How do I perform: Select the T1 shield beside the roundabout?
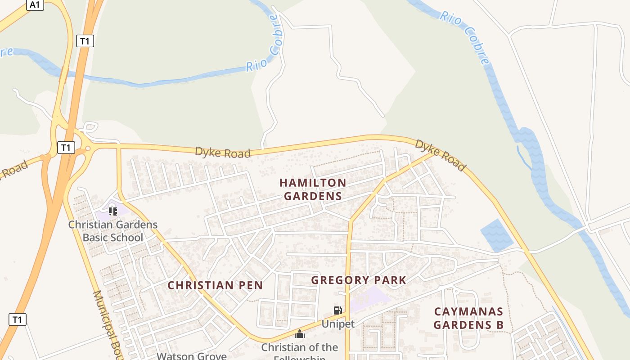(x=66, y=147)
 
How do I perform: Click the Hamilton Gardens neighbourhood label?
(x=313, y=189)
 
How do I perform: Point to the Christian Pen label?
(x=215, y=285)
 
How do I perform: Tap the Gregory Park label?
(x=359, y=280)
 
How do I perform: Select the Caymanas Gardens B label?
(x=468, y=318)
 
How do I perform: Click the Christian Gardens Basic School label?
(x=113, y=231)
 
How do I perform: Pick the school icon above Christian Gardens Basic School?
(x=112, y=211)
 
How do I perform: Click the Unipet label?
(x=338, y=324)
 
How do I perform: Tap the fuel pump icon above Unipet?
(x=337, y=310)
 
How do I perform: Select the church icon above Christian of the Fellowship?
(x=299, y=334)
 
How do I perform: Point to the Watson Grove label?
(x=192, y=356)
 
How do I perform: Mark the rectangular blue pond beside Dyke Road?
(x=497, y=235)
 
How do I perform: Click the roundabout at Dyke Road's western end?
(x=88, y=148)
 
